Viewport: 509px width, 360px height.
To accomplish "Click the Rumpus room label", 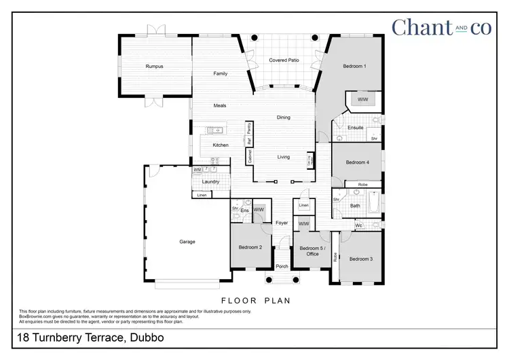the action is coord(155,67).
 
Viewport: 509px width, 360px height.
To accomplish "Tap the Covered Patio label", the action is coord(284,60).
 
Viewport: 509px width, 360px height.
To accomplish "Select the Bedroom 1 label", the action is coord(354,67).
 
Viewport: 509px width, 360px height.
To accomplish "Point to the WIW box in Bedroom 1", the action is coord(362,100).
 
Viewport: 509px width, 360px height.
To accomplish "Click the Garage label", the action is coord(187,241).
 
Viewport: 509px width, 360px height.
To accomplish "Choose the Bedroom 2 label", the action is coord(250,247).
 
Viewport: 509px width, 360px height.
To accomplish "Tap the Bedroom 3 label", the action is coord(361,259).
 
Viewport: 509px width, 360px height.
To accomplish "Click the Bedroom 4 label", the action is coord(357,162).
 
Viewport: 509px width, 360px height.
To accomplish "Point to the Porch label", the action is coord(282,266).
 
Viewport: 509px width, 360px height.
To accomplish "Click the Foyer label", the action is coord(282,223).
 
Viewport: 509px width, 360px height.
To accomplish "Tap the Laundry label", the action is coord(210,181).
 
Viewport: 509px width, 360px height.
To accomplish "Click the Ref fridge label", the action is coord(249,141).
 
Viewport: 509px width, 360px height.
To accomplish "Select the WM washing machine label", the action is coord(197,169).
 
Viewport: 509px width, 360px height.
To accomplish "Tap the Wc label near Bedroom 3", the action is coord(358,226).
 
